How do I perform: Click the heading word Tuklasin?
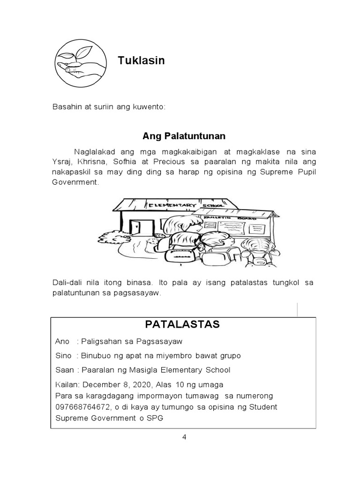click(141, 60)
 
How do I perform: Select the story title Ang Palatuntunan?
click(184, 136)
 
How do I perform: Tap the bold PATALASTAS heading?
click(182, 324)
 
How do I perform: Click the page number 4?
click(184, 437)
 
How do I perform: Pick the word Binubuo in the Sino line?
click(97, 355)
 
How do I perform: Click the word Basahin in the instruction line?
click(65, 108)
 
